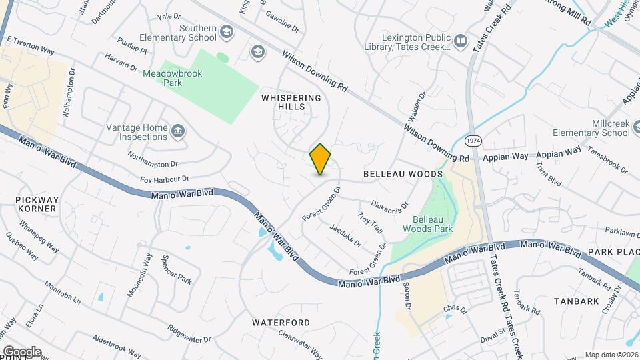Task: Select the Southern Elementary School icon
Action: coord(227,32)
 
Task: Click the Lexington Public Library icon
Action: coord(461,42)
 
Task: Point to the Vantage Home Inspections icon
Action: coord(178,131)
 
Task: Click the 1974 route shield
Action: coord(473,141)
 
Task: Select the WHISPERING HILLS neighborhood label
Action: coord(291,102)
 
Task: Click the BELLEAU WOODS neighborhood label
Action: coord(403,173)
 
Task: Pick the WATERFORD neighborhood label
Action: coord(281,322)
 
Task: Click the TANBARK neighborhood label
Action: coord(577,301)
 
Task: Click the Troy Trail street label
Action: coord(370,223)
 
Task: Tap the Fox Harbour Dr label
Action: coord(165,179)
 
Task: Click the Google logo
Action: coord(22,351)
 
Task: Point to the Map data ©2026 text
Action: coord(611,355)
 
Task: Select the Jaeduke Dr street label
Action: coord(345,235)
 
